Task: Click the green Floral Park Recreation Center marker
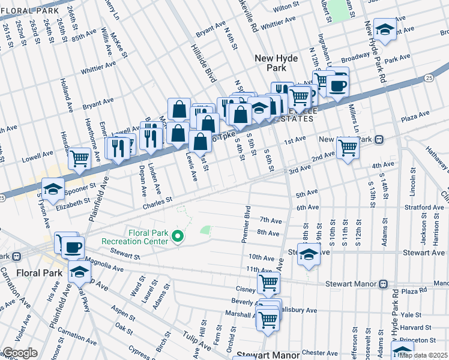click(x=177, y=237)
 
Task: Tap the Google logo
click(x=20, y=353)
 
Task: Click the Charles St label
click(x=157, y=199)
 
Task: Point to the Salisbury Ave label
click(x=298, y=310)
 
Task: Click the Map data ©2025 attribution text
click(x=424, y=355)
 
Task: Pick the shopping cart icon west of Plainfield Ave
click(x=79, y=159)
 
